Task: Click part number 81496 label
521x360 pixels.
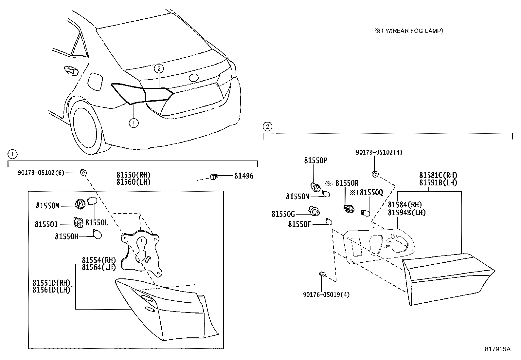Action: pos(243,176)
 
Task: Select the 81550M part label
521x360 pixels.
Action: pos(47,205)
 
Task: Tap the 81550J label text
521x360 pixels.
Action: pos(46,224)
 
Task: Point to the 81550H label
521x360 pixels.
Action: pos(66,236)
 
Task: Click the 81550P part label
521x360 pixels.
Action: pos(315,160)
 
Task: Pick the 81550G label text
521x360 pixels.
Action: pos(283,214)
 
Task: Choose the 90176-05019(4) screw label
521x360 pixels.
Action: pos(326,294)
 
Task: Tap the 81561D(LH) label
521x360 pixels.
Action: pos(51,290)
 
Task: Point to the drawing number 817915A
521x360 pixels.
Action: pos(497,349)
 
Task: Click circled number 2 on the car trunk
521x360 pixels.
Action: pos(159,68)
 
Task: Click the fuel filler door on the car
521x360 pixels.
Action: pos(95,81)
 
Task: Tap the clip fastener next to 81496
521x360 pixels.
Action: pos(215,177)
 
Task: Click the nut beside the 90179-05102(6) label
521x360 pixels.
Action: pos(83,172)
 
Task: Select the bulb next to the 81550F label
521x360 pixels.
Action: pos(329,222)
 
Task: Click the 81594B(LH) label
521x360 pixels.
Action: pos(407,212)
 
